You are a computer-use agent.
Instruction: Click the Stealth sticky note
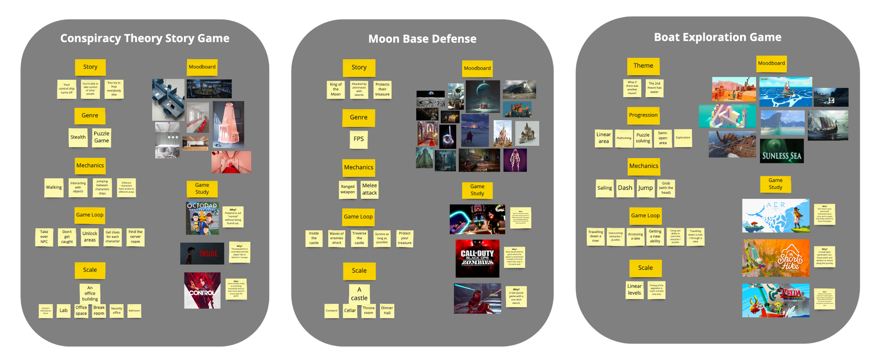point(78,137)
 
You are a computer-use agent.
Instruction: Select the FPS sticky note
point(358,139)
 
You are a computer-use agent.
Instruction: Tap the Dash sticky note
point(625,188)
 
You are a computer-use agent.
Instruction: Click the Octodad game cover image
point(202,218)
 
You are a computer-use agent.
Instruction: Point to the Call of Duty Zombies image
point(477,258)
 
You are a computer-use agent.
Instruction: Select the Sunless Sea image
point(782,151)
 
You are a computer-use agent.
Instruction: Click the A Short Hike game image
point(775,258)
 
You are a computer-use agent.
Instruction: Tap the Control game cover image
point(202,290)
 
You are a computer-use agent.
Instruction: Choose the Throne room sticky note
point(368,310)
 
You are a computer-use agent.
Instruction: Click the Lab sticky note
point(63,310)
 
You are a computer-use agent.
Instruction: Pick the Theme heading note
point(643,66)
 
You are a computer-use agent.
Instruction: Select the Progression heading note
point(643,115)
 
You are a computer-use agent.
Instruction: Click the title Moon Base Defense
point(422,38)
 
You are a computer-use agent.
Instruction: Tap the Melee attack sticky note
point(369,189)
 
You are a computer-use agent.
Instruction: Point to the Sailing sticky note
point(604,188)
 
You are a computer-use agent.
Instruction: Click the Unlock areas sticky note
point(90,237)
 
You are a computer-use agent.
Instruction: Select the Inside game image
point(202,253)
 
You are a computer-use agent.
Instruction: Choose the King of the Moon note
point(335,89)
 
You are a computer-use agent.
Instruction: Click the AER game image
point(775,215)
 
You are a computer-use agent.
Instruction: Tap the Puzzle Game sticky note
point(102,137)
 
